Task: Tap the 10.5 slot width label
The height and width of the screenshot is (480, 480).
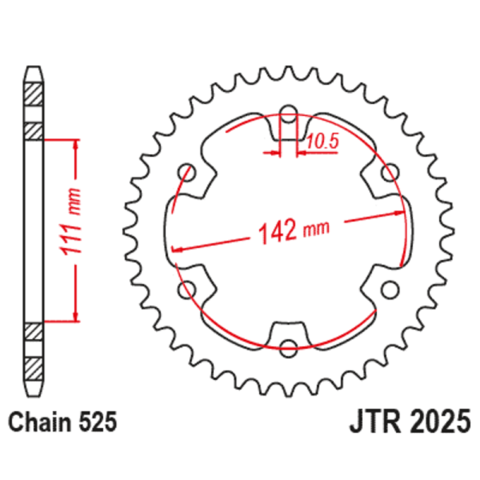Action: coord(322,142)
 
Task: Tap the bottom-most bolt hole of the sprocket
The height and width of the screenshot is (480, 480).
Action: coord(289,346)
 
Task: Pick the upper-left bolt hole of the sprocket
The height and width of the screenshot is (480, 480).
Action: coord(188,170)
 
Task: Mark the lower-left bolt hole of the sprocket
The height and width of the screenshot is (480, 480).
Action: coord(188,288)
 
